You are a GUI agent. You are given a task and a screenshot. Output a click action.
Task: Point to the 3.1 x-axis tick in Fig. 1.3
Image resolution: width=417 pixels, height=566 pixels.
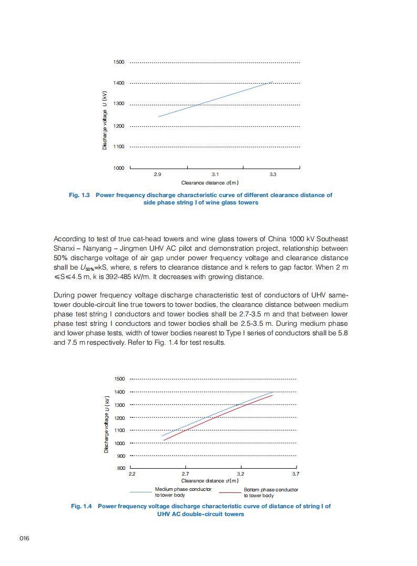(x=215, y=173)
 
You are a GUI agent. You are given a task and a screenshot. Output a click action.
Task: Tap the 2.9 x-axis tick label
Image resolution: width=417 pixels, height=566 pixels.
(x=158, y=173)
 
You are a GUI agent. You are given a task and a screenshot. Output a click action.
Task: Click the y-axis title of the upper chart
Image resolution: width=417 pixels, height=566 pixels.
(x=105, y=120)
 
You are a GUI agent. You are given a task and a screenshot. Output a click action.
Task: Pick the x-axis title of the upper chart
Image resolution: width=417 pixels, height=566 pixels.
(x=210, y=183)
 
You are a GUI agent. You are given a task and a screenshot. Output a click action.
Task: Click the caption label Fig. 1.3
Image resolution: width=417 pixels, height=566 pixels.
(x=79, y=195)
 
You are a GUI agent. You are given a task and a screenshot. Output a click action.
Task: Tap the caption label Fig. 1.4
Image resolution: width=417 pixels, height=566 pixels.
(x=82, y=506)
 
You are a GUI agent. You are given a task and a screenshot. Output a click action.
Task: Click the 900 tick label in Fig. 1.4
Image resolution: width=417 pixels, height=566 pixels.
(x=120, y=456)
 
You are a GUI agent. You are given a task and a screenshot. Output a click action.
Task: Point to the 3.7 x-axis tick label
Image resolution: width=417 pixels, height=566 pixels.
(x=296, y=474)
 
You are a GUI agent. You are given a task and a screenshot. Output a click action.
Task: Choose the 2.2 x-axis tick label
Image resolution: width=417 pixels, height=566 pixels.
(x=132, y=474)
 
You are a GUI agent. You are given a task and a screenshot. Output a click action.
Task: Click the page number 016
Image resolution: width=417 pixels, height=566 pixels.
(x=24, y=538)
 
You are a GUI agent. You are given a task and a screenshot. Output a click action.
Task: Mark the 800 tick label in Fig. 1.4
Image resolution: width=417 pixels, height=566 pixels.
(x=120, y=468)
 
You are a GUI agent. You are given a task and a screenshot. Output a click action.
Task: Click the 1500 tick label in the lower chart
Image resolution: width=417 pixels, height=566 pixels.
(x=119, y=379)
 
